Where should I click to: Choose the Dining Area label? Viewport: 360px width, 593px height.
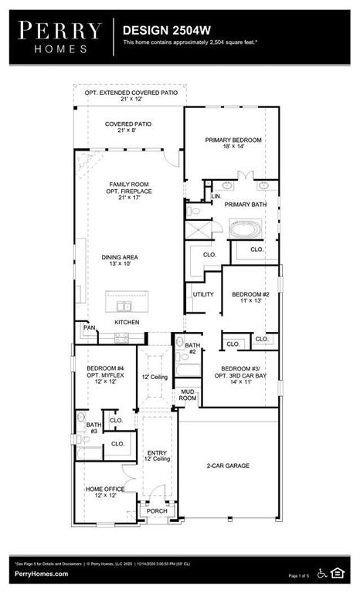tap(123, 263)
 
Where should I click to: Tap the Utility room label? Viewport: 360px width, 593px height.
tap(203, 295)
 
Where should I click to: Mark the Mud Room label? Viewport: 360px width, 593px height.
tap(188, 395)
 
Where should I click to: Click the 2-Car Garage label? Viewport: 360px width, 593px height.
tap(229, 466)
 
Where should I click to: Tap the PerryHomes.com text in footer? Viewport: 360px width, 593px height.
tap(40, 574)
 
